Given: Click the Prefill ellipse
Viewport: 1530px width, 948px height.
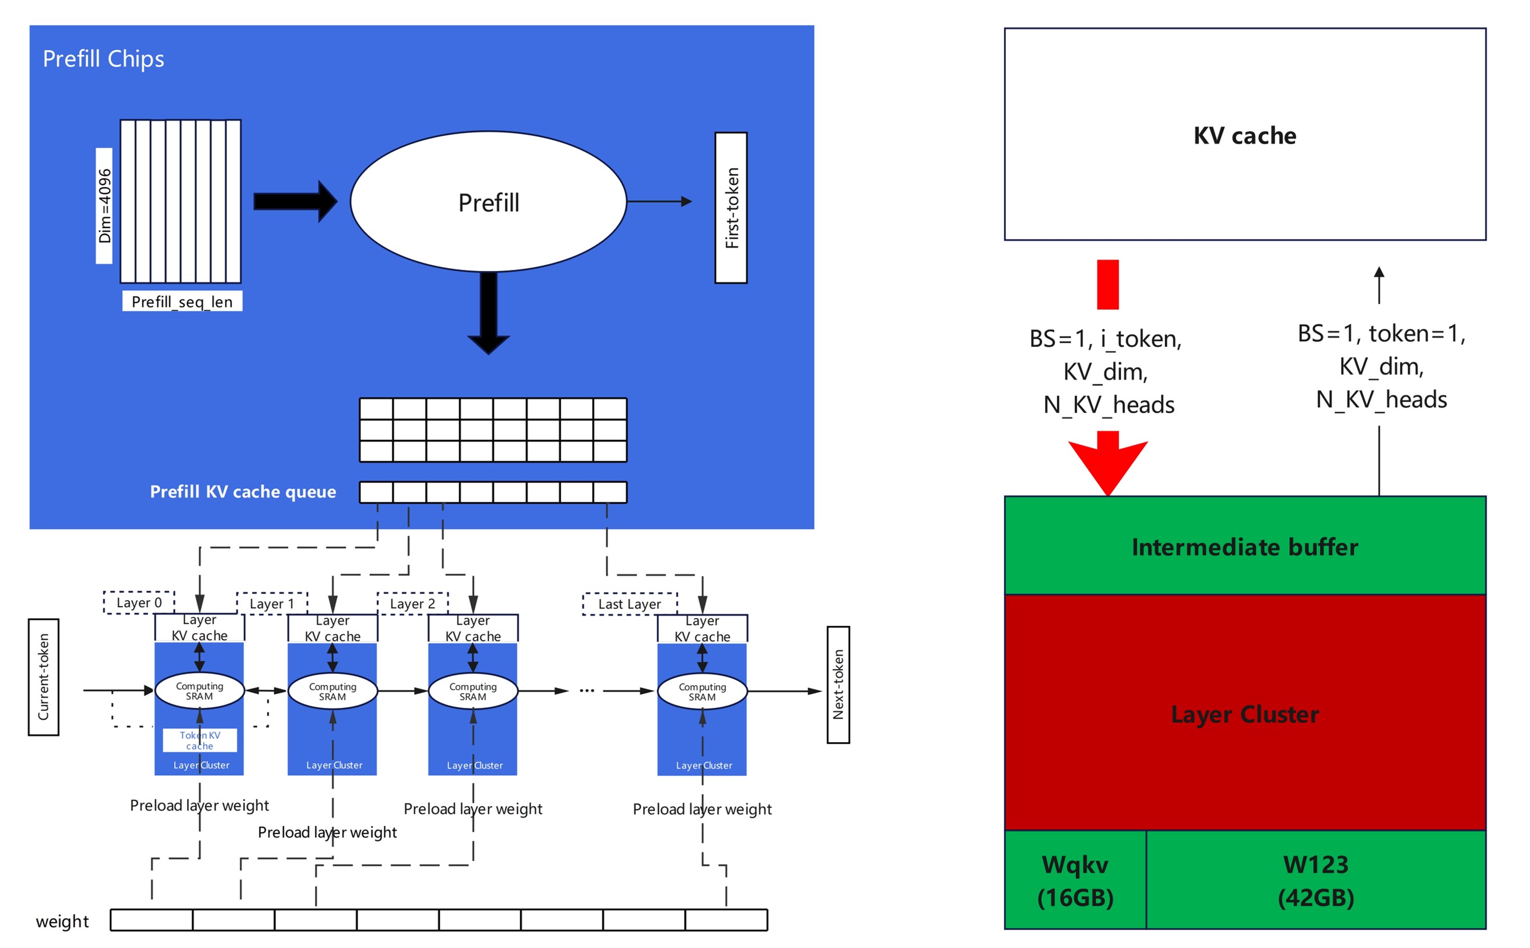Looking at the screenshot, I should click(488, 201).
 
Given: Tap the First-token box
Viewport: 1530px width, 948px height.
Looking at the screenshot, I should click(731, 208).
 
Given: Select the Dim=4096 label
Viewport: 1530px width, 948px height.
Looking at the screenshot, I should click(104, 206).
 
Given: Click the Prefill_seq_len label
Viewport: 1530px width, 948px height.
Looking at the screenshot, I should click(182, 302).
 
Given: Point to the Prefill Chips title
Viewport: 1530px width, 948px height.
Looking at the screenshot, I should click(103, 59).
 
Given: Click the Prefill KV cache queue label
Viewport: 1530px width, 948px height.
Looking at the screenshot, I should click(242, 492).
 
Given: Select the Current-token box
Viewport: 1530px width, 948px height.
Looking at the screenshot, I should click(43, 676).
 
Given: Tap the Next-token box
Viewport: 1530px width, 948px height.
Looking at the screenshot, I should click(838, 684).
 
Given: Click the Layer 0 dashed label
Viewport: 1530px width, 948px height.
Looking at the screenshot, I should click(139, 602).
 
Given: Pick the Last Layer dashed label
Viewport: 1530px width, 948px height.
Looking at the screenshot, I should click(630, 604).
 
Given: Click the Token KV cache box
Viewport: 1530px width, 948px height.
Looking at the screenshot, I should click(200, 740).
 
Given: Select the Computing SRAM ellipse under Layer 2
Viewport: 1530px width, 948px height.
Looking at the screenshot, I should click(473, 691).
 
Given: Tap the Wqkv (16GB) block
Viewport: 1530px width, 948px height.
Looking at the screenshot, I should click(1075, 880).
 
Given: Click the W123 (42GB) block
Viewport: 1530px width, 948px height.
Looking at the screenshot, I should click(1316, 880).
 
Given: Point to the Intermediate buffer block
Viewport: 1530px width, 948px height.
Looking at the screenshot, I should click(1244, 546).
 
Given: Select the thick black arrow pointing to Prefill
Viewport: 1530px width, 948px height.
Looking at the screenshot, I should click(295, 201).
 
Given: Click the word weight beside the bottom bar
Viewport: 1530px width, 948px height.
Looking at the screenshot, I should click(62, 921).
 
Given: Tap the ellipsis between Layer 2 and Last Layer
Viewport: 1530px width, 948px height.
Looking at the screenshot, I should click(586, 691).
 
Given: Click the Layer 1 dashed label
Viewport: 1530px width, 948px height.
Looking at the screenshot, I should click(272, 604).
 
